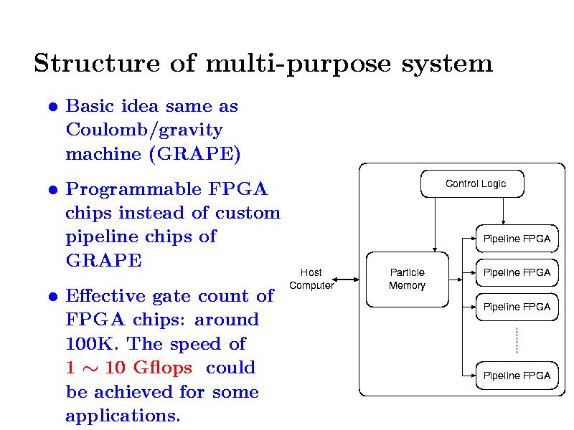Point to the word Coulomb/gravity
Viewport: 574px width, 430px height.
click(143, 130)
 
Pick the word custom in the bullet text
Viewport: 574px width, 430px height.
click(248, 213)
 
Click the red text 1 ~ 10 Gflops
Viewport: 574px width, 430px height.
click(128, 368)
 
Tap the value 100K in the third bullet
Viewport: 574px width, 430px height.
click(90, 344)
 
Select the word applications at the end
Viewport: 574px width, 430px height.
click(123, 416)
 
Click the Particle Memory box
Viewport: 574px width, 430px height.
click(407, 279)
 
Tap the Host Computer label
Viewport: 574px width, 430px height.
click(311, 279)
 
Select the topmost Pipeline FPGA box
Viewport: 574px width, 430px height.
click(517, 239)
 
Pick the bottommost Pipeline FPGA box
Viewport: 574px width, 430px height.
click(517, 376)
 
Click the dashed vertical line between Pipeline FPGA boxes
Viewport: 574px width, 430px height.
click(517, 340)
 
